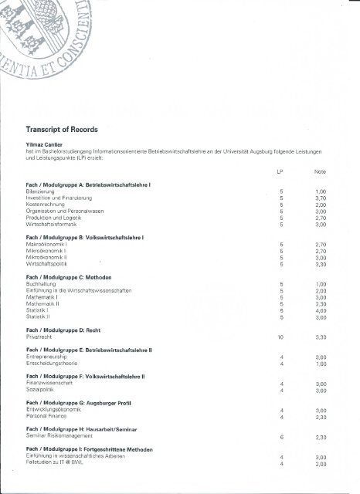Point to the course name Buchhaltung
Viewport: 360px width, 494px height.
43,283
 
